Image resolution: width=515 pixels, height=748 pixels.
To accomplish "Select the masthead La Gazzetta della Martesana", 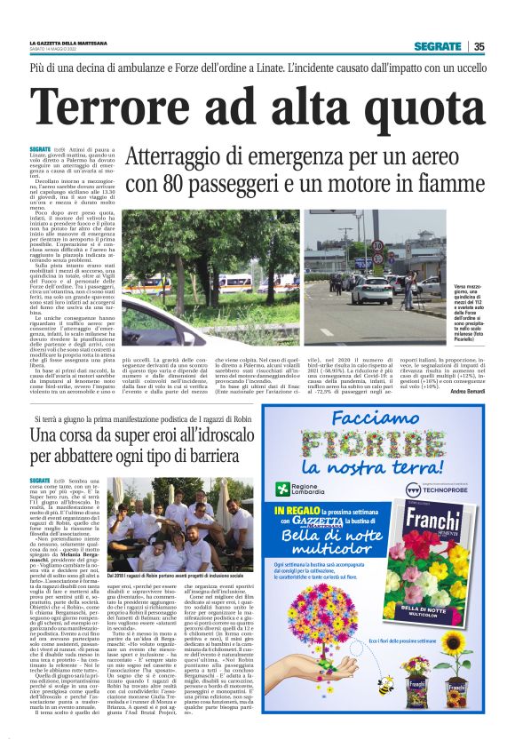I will (80, 42).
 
